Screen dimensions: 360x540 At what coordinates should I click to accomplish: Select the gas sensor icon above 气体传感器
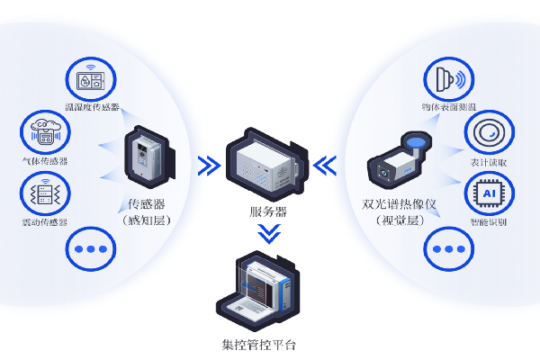click(44, 132)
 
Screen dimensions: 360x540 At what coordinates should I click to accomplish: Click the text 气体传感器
click(44, 162)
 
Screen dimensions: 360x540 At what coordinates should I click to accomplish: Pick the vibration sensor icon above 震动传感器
click(44, 193)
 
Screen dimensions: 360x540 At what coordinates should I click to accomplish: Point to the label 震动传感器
click(44, 222)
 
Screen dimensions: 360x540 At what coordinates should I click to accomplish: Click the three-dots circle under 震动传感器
click(91, 248)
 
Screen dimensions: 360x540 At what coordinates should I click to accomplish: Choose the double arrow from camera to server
click(326, 164)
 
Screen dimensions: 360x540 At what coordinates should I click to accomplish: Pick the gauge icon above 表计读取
click(488, 133)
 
